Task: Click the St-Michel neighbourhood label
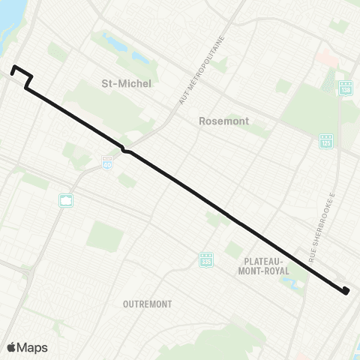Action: click(126, 83)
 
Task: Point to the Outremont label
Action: click(147, 304)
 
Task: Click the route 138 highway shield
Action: click(345, 87)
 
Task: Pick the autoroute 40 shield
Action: click(108, 161)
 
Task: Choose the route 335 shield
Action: click(206, 260)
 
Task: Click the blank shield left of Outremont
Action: click(67, 200)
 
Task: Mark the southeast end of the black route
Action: click(345, 292)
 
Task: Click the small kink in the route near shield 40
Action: click(127, 151)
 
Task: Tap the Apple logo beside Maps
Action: click(12, 347)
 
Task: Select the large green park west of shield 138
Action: click(307, 105)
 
